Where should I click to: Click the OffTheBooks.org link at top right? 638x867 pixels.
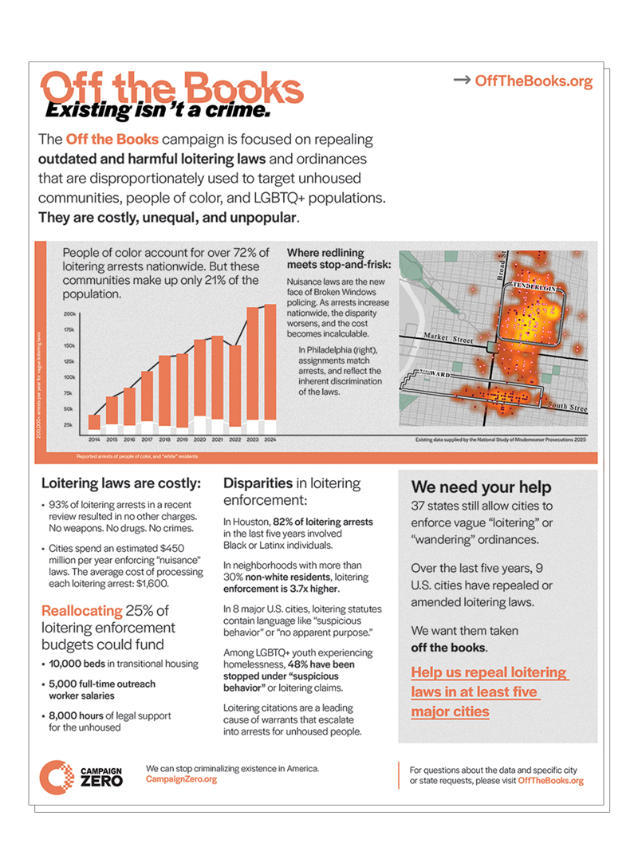click(534, 81)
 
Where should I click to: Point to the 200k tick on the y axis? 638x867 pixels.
click(70, 314)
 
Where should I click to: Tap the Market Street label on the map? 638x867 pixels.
click(448, 338)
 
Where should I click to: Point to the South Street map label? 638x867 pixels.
click(568, 408)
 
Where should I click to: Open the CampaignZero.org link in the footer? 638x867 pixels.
click(181, 779)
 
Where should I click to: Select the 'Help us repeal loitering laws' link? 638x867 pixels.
click(489, 692)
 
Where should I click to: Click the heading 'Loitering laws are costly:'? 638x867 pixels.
click(121, 483)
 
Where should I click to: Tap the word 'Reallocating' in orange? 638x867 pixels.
click(82, 611)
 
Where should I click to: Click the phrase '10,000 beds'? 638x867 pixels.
click(74, 663)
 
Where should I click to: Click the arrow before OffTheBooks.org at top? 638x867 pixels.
click(461, 81)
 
